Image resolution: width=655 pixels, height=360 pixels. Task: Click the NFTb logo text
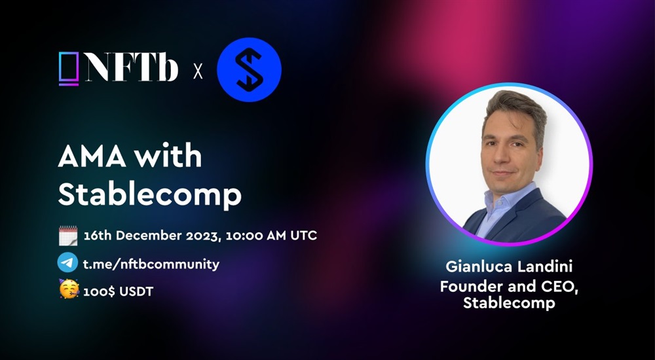[132, 69]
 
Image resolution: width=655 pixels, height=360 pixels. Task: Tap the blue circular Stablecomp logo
[249, 70]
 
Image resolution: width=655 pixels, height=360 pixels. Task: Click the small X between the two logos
[198, 71]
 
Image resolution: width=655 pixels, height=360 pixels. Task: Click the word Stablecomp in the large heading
[149, 194]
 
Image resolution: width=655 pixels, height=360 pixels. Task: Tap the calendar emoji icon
[68, 236]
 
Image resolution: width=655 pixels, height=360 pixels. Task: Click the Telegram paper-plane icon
[67, 263]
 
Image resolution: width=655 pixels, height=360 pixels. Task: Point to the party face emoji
[69, 289]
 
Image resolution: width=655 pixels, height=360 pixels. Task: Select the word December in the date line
[150, 236]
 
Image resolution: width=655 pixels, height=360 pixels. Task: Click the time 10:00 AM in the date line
[253, 236]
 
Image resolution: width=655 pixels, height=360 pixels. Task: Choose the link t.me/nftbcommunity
[151, 264]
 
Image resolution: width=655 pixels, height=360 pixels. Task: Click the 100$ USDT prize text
[118, 291]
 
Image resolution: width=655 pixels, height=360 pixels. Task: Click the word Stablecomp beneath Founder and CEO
[509, 302]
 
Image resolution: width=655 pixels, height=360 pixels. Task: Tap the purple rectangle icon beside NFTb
[69, 69]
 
